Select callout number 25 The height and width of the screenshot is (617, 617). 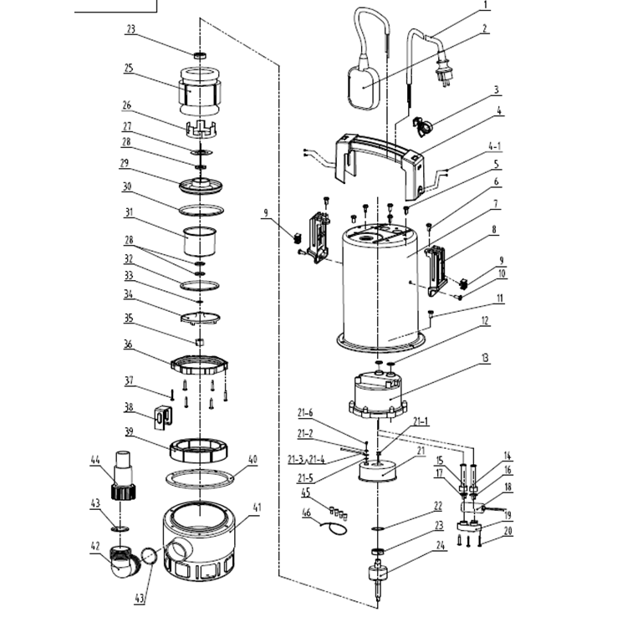[130, 67]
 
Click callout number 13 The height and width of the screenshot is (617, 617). [484, 357]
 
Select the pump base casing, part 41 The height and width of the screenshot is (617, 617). [200, 544]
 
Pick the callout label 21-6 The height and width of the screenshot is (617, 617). [305, 411]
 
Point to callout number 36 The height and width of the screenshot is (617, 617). [128, 344]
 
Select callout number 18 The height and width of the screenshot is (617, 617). [507, 487]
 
